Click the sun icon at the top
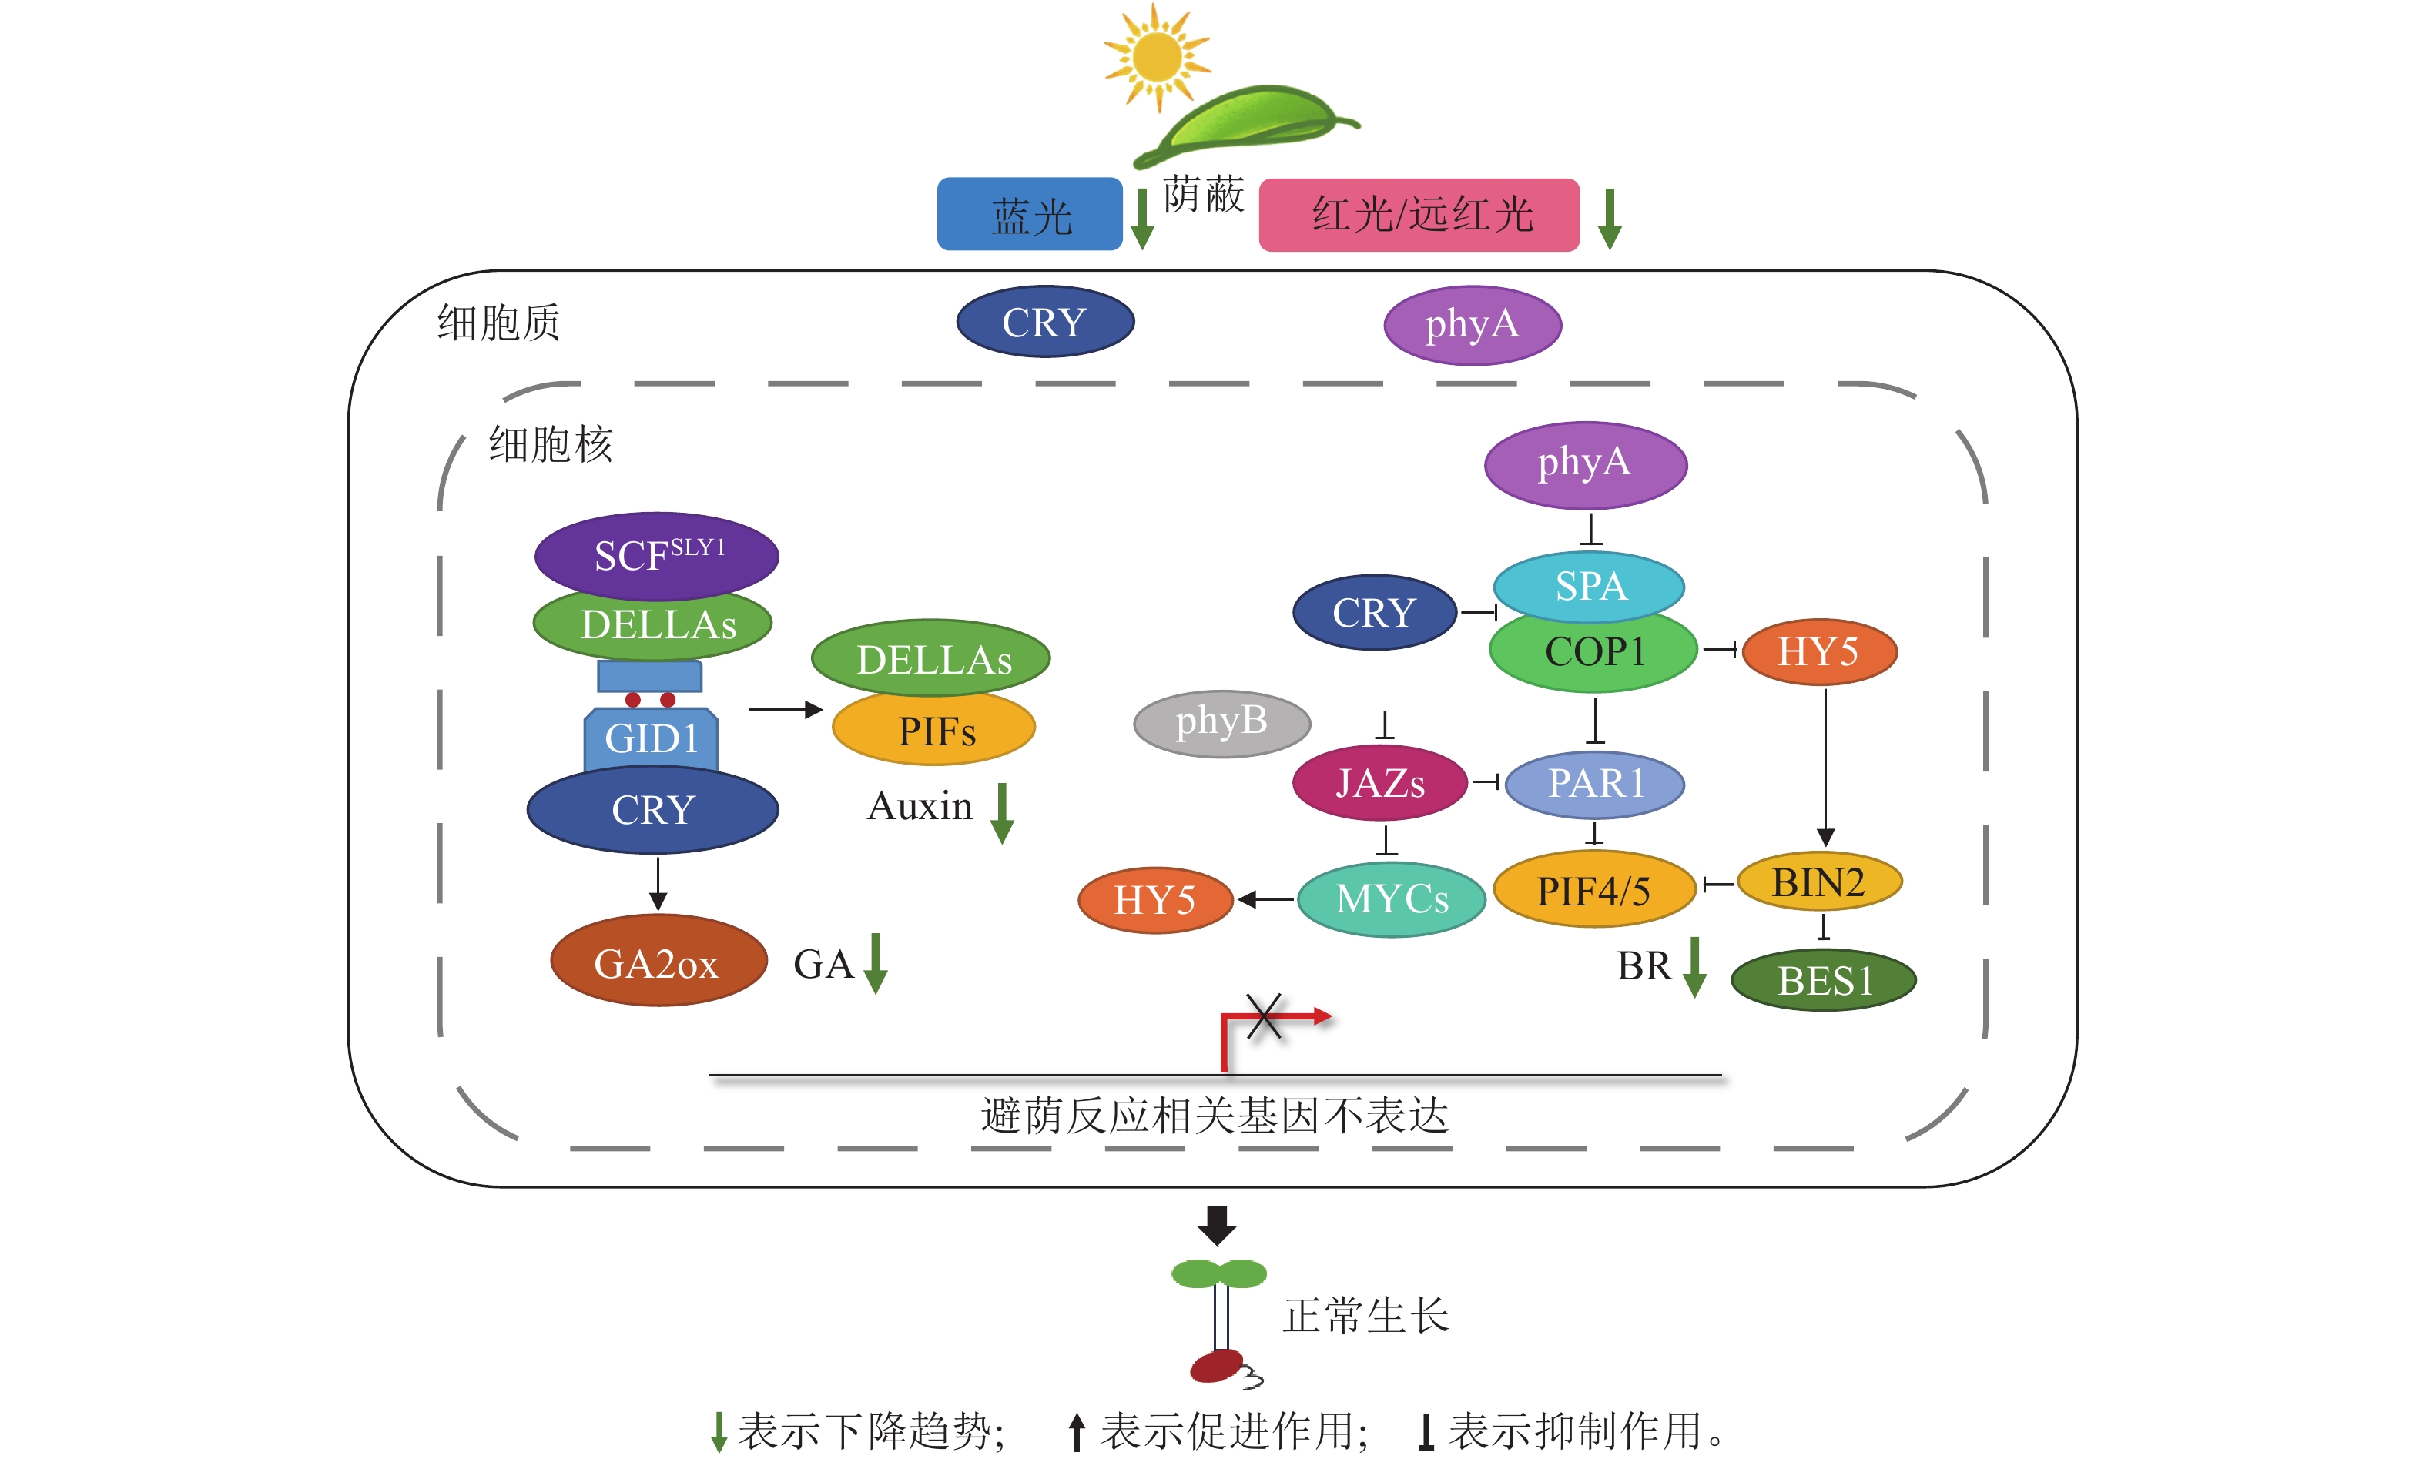(1157, 57)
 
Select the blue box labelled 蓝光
(1029, 214)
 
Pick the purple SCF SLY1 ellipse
(656, 555)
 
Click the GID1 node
(650, 738)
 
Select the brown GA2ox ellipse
(657, 962)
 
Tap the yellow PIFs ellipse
(933, 731)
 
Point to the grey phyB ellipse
(1221, 723)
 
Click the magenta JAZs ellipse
(1379, 782)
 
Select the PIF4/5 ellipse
(1593, 890)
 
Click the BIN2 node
(1818, 882)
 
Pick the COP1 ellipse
(1593, 653)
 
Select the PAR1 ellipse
(1594, 784)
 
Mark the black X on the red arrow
(1264, 1016)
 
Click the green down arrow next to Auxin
(1001, 813)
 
